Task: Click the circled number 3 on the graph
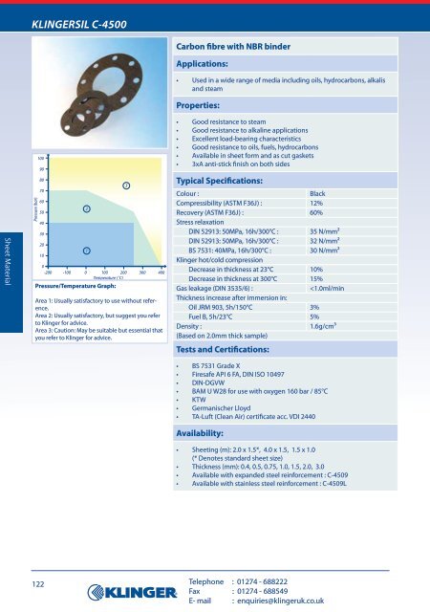(x=126, y=184)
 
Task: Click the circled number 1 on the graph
(x=86, y=251)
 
